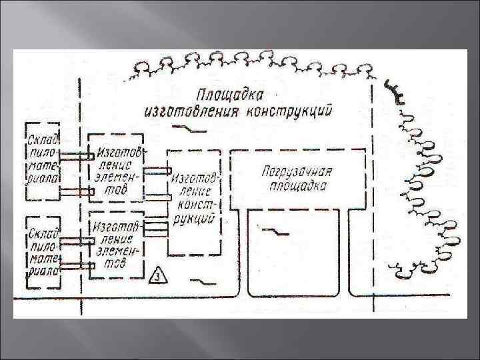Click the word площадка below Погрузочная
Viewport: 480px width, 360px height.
(298, 185)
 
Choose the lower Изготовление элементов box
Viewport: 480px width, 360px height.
(115, 244)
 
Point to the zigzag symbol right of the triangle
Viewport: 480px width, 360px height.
(198, 281)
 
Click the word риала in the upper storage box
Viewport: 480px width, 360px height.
(43, 178)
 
